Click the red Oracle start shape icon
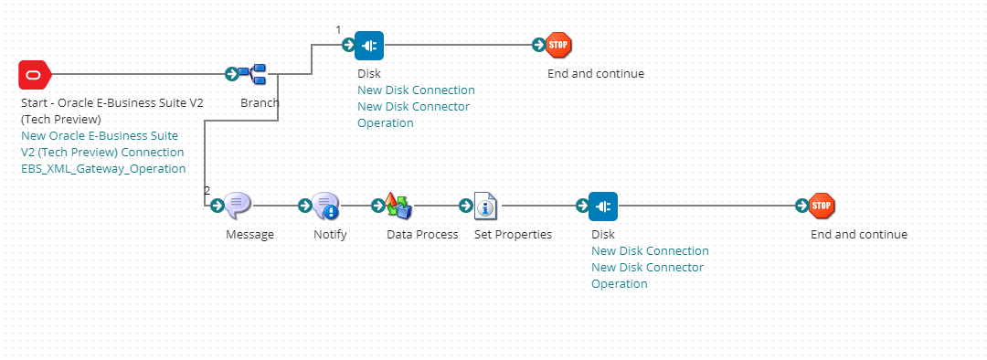(x=36, y=74)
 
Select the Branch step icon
(x=252, y=74)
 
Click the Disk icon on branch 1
(x=369, y=45)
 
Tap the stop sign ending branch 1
(x=558, y=45)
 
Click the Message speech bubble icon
(x=238, y=206)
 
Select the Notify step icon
(x=325, y=206)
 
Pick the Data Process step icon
(x=398, y=206)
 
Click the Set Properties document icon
(x=485, y=206)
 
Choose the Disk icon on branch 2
(x=603, y=206)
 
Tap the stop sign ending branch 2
(x=822, y=206)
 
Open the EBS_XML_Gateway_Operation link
(x=103, y=169)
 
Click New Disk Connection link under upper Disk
(x=416, y=90)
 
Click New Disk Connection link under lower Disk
(x=650, y=251)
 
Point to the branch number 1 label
(x=338, y=30)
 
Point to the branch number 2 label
(x=207, y=191)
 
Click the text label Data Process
(x=422, y=235)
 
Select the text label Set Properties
(x=513, y=235)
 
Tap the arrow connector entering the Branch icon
(x=232, y=74)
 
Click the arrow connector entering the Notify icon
(x=305, y=206)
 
